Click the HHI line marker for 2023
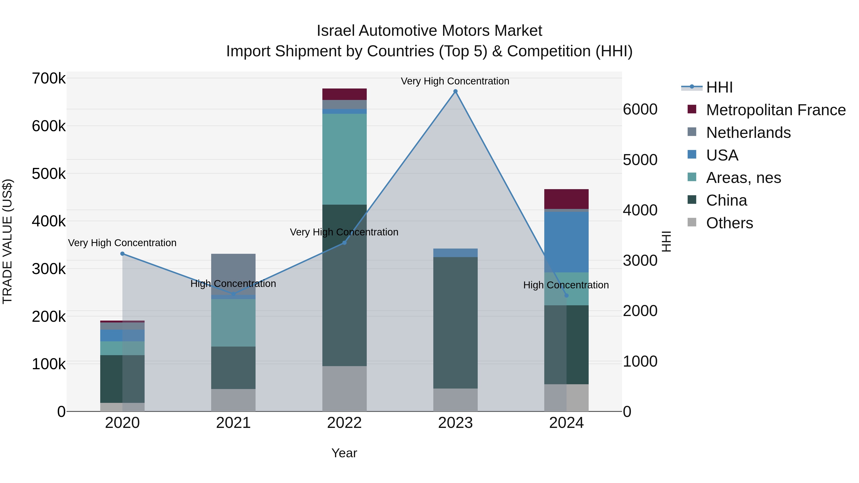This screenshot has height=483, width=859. (455, 91)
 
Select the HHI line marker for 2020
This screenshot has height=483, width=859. (122, 254)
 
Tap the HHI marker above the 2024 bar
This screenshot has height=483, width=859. (566, 295)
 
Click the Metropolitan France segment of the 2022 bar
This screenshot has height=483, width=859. (345, 94)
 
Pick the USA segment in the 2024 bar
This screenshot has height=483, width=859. (566, 242)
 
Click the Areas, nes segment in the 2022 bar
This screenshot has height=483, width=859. (345, 159)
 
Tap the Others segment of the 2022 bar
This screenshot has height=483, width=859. (345, 389)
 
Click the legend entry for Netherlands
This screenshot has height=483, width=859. (748, 133)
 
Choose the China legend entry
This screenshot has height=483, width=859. (726, 200)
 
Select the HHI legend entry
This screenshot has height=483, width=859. (719, 87)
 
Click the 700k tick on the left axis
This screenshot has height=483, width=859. (49, 79)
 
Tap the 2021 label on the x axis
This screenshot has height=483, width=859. (233, 423)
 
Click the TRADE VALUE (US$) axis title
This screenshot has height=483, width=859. (7, 241)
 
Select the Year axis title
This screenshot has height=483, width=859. (344, 453)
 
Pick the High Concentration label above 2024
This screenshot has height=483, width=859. (566, 285)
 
